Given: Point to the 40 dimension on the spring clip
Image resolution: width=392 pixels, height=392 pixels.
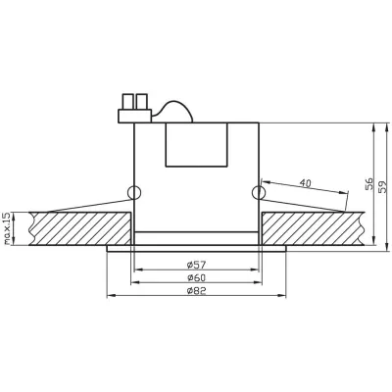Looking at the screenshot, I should (305, 183).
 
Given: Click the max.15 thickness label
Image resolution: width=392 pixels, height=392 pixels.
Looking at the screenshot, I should (8, 227).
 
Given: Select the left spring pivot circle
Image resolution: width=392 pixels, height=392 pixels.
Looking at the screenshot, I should (133, 191).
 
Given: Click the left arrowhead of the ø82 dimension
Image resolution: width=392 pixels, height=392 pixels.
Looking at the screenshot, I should (109, 297).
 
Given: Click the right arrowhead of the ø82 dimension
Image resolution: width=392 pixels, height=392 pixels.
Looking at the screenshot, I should (284, 297).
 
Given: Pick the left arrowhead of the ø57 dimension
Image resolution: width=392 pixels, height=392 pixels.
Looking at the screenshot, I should (137, 269).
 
